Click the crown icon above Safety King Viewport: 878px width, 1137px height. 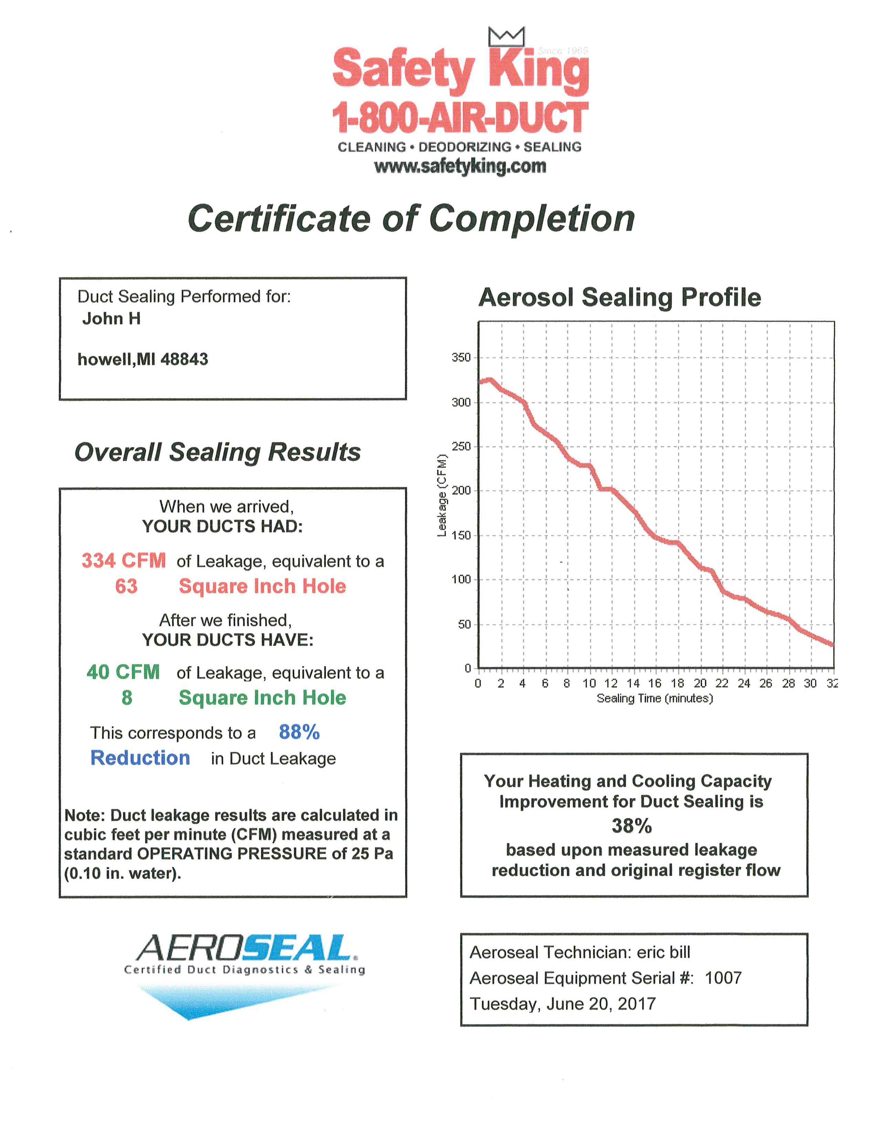click(x=506, y=37)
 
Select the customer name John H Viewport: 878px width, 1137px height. click(x=111, y=319)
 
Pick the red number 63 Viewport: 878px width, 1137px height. click(x=126, y=586)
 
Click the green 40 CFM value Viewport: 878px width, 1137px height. click(x=123, y=672)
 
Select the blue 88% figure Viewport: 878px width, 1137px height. click(x=299, y=732)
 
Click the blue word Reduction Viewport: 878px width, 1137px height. click(x=140, y=758)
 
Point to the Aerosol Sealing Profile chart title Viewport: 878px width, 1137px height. click(x=619, y=297)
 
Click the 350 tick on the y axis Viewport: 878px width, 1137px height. click(x=461, y=358)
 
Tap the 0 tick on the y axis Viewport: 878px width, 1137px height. click(x=468, y=668)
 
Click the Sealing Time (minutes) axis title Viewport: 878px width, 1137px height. click(x=654, y=698)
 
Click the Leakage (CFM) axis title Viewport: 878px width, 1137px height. click(x=442, y=495)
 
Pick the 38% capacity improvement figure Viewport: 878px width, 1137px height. click(x=632, y=826)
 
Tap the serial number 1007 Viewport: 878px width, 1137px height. click(x=723, y=978)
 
